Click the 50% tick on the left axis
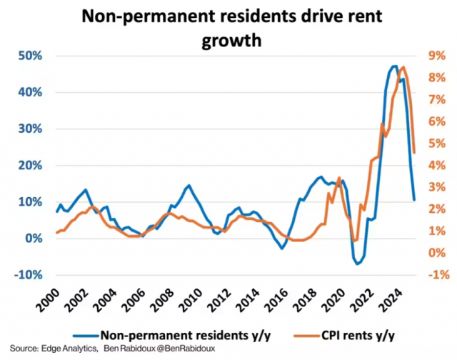[x=29, y=56]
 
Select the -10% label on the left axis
[x=26, y=275]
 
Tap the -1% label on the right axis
[x=438, y=275]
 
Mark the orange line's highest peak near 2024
[x=403, y=67]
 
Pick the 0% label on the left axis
[x=31, y=239]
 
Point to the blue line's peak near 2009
[x=188, y=186]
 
